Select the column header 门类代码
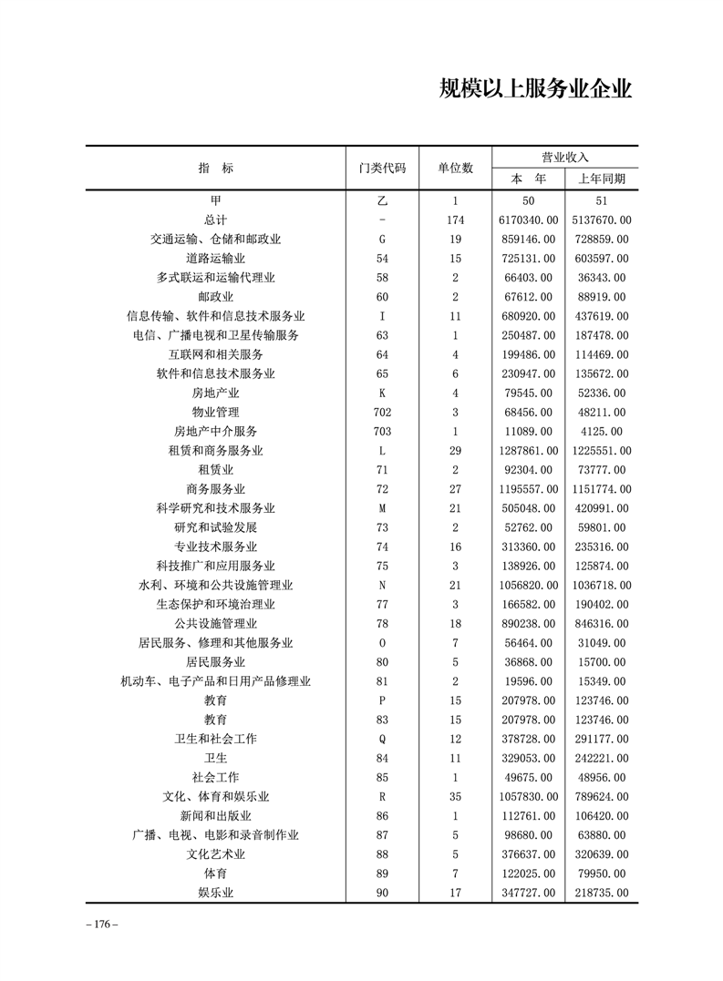click(383, 169)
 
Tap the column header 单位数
click(455, 169)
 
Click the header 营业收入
click(565, 157)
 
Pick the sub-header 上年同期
click(602, 179)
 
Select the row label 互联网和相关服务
click(216, 354)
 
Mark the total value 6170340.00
click(528, 220)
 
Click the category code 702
click(383, 412)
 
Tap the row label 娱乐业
click(216, 893)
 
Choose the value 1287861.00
click(528, 451)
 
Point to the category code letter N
click(383, 585)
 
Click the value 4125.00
click(602, 431)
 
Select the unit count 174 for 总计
click(455, 220)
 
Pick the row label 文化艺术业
click(216, 854)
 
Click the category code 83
click(383, 720)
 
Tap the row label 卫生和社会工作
click(216, 739)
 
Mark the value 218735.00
click(602, 893)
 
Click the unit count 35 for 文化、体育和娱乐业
click(455, 797)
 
